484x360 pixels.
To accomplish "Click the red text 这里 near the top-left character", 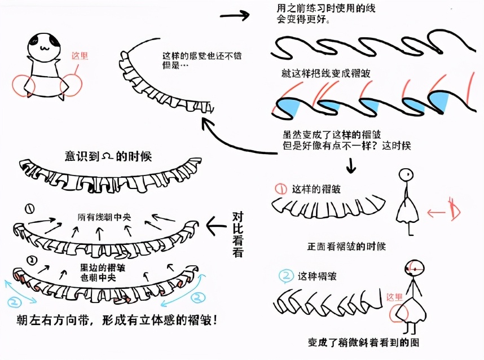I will pos(80,56).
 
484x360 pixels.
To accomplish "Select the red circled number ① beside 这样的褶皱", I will pos(280,188).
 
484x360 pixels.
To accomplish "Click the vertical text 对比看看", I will pos(237,234).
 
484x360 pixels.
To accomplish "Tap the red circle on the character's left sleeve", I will pos(23,85).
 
